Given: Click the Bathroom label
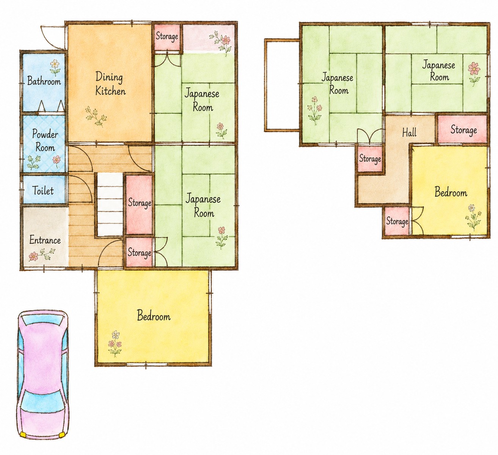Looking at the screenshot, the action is pos(44,81).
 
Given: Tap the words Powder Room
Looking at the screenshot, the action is pos(45,141).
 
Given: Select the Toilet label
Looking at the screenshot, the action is pos(43,191).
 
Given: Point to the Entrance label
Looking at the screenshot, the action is pos(45,240).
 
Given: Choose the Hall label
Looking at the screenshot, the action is pos(409,133).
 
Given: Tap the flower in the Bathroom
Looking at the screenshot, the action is pos(55,67).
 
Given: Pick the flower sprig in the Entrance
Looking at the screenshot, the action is pos(42,254).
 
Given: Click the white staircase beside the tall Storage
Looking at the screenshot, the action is pos(110,204).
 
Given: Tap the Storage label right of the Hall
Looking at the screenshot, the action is pos(463,130).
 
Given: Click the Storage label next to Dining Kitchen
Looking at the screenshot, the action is pos(167,36).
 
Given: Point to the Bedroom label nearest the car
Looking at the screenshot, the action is pos(154,316).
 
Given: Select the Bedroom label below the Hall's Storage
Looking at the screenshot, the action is pos(451,193).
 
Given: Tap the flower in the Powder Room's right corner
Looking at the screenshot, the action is pos(57,160).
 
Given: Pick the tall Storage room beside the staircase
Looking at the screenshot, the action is pos(139,205).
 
